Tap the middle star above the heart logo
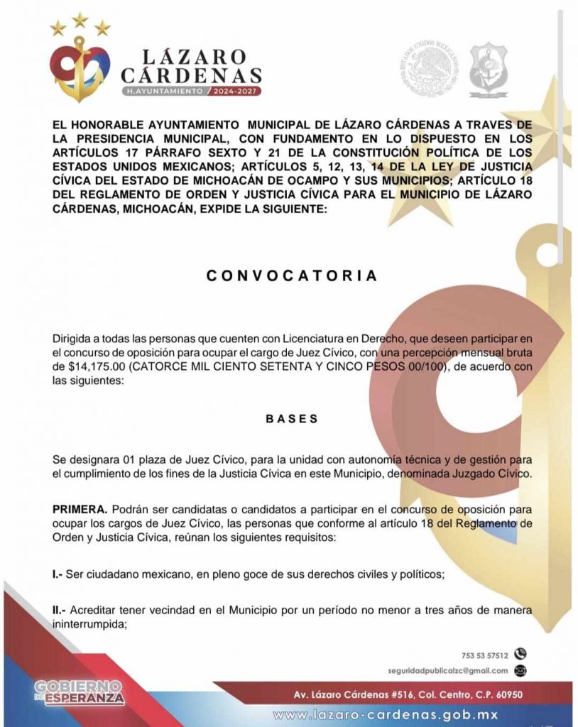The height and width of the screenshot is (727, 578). [x=80, y=20]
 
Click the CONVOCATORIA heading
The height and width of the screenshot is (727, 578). [x=292, y=275]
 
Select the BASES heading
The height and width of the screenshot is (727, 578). [x=292, y=419]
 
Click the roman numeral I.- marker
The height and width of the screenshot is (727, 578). [x=58, y=575]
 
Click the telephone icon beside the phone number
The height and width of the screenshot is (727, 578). [x=520, y=654]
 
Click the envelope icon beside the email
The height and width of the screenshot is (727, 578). [x=520, y=670]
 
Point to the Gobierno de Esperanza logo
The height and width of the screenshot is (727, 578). [x=80, y=692]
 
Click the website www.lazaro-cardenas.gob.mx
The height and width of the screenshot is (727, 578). [x=386, y=714]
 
